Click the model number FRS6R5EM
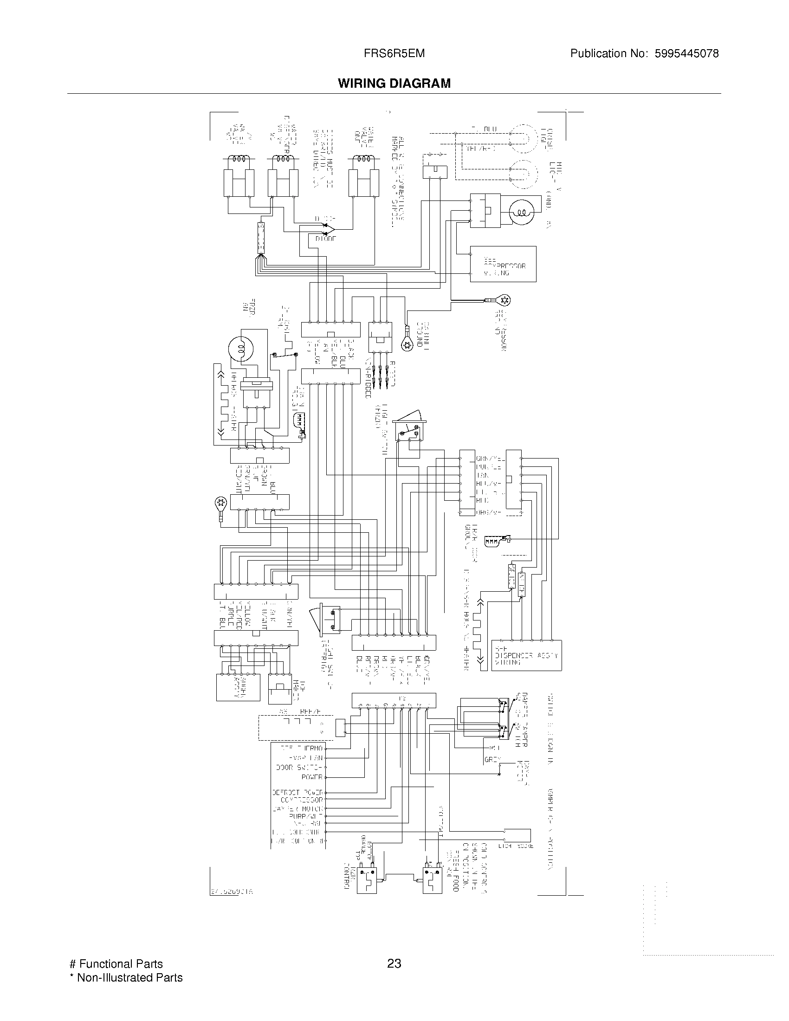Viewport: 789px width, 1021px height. point(394,53)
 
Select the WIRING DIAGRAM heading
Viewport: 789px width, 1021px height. point(394,83)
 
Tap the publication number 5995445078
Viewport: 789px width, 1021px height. point(686,53)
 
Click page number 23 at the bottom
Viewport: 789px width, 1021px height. point(394,963)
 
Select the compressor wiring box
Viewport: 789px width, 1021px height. point(503,264)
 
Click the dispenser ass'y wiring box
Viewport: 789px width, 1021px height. point(526,655)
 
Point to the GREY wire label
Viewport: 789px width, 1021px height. point(492,760)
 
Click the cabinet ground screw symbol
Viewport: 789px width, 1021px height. point(407,345)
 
